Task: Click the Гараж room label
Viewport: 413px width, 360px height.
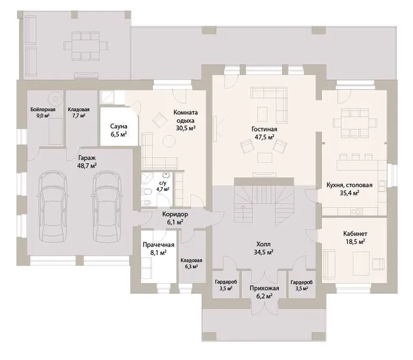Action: coord(87,158)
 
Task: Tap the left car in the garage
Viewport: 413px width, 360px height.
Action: coord(52,206)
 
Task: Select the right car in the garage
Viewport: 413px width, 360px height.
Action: coord(107,206)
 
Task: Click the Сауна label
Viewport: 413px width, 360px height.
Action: coord(119,126)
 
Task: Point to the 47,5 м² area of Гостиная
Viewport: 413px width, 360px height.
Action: coord(265,137)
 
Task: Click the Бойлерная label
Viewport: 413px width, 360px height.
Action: coord(43,109)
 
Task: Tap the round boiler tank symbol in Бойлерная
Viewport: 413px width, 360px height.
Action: coord(55,99)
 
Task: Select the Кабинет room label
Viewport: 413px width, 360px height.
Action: coord(355,234)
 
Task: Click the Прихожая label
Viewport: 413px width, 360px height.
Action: coord(264,288)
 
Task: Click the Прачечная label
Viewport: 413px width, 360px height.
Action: coord(158,245)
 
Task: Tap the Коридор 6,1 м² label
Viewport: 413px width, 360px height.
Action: coord(175,218)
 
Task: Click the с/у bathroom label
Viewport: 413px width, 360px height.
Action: coord(163,183)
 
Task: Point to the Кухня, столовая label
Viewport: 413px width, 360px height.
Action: coord(350,185)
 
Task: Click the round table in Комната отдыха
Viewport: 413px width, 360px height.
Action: coord(169,141)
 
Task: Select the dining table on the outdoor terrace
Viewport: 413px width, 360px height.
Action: coord(85,46)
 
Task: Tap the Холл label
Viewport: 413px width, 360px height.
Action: coord(263,244)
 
